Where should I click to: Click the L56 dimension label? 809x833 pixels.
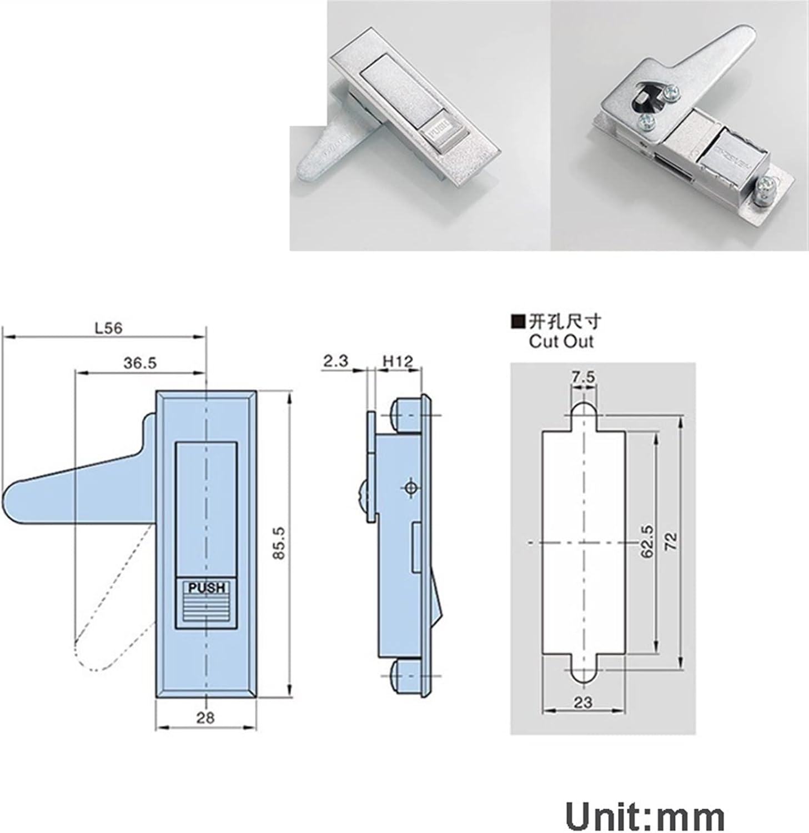[108, 328]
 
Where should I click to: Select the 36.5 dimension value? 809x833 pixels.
[140, 363]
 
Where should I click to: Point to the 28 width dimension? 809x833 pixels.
[205, 718]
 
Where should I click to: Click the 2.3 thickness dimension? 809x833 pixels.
[335, 362]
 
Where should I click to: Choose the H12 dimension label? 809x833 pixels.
[398, 362]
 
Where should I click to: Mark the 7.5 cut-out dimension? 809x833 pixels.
[583, 377]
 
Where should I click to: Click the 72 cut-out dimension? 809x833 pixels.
[671, 542]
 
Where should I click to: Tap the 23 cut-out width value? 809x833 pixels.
[583, 702]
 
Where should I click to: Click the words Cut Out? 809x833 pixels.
[561, 341]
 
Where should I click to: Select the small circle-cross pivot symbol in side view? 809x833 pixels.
[411, 488]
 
